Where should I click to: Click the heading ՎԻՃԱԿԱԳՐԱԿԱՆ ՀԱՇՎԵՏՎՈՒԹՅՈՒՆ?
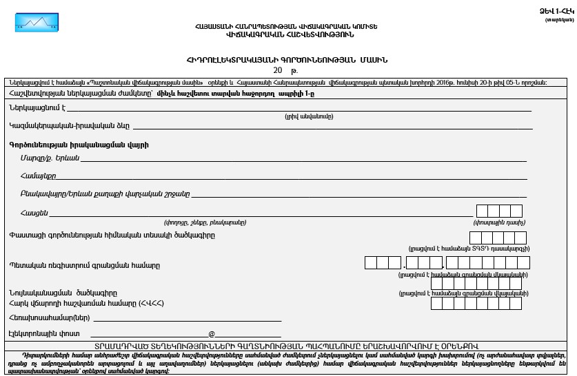click(287, 33)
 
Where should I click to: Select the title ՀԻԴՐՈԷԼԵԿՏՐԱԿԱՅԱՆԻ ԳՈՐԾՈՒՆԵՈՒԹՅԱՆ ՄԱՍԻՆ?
click(286, 59)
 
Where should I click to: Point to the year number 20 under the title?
click(277, 70)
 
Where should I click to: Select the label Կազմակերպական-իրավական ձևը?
click(70, 126)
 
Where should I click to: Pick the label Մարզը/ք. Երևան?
click(50, 158)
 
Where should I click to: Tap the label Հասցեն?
click(34, 213)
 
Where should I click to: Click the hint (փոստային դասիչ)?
click(500, 222)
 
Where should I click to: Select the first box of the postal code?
click(483, 211)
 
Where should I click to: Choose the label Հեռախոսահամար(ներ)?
click(49, 318)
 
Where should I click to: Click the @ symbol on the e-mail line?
click(212, 334)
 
